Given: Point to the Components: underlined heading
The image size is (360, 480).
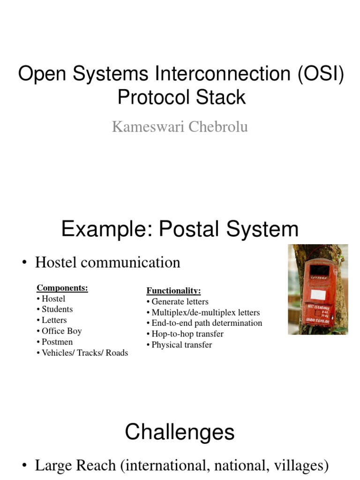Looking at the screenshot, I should tap(62, 288).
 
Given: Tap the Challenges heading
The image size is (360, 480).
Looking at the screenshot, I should tap(180, 432).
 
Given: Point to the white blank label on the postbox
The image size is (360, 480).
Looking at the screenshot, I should tap(318, 294).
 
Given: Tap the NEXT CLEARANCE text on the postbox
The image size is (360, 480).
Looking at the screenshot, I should tap(319, 307).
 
